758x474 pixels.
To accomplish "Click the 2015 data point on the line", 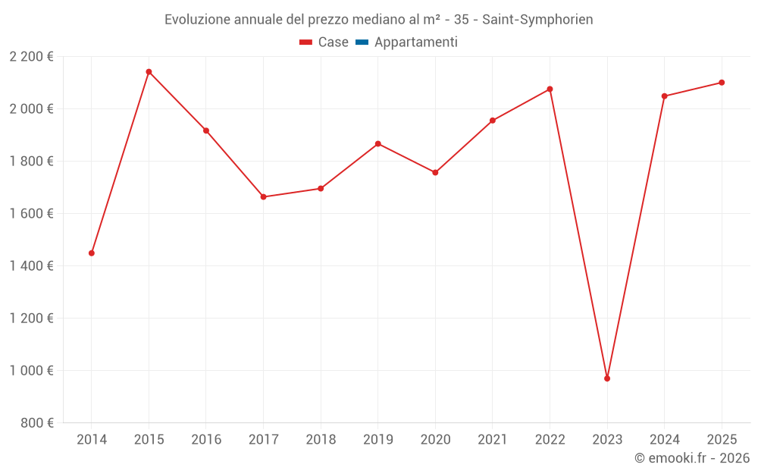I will click(x=149, y=72).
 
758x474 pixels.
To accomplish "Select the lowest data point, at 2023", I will click(x=607, y=378).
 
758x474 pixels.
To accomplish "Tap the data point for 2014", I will click(x=92, y=253).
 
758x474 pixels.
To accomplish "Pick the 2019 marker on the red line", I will click(x=378, y=143).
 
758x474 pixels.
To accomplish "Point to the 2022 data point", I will click(x=550, y=89).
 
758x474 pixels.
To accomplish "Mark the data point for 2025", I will click(x=722, y=83).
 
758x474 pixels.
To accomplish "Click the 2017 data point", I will click(x=263, y=197).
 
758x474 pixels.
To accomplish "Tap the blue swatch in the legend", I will click(x=362, y=42).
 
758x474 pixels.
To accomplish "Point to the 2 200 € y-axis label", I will click(x=31, y=57).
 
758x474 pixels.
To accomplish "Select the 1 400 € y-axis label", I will click(x=31, y=266).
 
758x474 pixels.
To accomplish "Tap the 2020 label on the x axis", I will click(x=435, y=440).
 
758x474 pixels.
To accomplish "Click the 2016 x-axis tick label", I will click(x=206, y=440).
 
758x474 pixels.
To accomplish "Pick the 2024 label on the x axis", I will click(x=664, y=440).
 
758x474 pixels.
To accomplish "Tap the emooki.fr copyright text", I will click(x=692, y=458).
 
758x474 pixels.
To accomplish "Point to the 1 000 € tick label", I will click(x=31, y=371).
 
